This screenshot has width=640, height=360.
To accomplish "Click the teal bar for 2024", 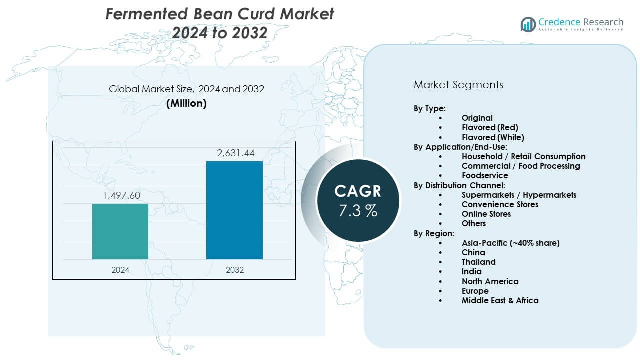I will [120, 231].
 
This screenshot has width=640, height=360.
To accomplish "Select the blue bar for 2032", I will [234, 210].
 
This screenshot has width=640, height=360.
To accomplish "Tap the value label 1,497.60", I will [120, 196].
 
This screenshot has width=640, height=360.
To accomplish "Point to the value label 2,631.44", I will [234, 153].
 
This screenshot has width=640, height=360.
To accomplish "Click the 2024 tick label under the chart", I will [120, 270].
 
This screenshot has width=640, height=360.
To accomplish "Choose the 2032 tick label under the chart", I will [234, 270].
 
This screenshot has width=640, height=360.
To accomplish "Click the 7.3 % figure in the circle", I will [358, 211].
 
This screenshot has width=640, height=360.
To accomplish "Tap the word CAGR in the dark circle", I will [358, 191].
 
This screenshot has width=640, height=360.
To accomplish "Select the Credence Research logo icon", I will [528, 24].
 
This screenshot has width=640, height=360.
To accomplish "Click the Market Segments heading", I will [458, 85].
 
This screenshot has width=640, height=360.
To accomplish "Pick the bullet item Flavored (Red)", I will [490, 127].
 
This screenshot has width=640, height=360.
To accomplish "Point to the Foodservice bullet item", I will [484, 175].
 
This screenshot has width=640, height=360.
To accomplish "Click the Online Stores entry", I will [486, 214].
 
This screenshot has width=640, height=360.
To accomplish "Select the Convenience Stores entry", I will [500, 204].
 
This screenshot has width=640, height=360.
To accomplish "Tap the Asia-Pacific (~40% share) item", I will [510, 243].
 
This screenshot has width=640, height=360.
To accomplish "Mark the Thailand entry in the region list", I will [478, 262].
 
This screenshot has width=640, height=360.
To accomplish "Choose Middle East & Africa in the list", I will [500, 300].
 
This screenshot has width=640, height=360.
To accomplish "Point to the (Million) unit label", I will [186, 104].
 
